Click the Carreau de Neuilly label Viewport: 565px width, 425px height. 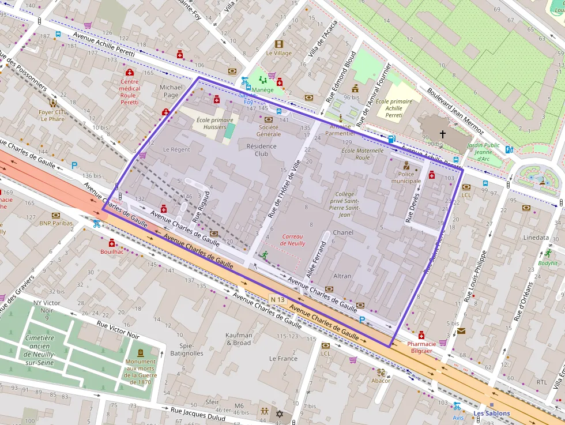click(x=293, y=240)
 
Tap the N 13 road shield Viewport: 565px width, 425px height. click(x=278, y=299)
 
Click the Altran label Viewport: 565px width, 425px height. click(x=342, y=276)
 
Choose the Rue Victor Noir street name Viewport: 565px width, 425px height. click(x=118, y=330)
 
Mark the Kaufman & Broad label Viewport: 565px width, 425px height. click(x=239, y=339)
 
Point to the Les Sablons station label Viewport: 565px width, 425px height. click(x=491, y=413)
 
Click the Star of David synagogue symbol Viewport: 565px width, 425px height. click(x=280, y=414)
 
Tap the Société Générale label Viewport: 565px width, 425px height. click(x=269, y=130)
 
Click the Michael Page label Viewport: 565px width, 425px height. click(x=171, y=91)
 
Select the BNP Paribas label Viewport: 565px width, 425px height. click(x=56, y=223)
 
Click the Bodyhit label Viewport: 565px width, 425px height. click(x=548, y=263)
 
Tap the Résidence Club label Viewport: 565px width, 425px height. click(x=261, y=150)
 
